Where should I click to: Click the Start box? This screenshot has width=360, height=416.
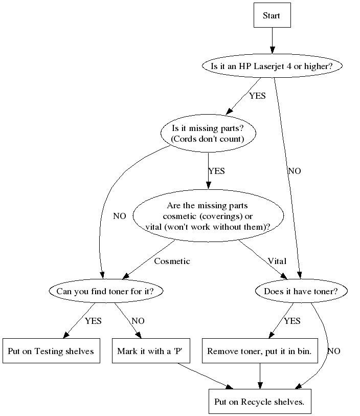272,15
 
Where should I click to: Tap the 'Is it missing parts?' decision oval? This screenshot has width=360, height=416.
208,134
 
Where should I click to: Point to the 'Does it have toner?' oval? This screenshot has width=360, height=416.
301,291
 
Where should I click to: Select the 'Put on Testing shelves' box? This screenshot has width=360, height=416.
51,351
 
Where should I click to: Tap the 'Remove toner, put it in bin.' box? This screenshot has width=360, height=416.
260,351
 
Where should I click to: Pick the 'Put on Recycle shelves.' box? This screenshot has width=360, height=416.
260,401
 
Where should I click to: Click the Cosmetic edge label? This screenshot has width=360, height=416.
172,261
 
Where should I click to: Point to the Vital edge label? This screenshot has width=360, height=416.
277,261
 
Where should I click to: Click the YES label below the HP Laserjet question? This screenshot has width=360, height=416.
257,96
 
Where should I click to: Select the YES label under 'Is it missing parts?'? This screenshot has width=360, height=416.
216,171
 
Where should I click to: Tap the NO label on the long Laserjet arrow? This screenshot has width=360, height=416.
295,171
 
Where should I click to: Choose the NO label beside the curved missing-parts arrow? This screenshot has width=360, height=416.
119,216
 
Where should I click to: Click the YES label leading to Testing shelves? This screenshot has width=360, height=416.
93,321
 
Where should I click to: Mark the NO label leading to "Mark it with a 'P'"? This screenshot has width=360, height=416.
138,321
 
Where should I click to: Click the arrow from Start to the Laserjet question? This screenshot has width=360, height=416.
272,40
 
